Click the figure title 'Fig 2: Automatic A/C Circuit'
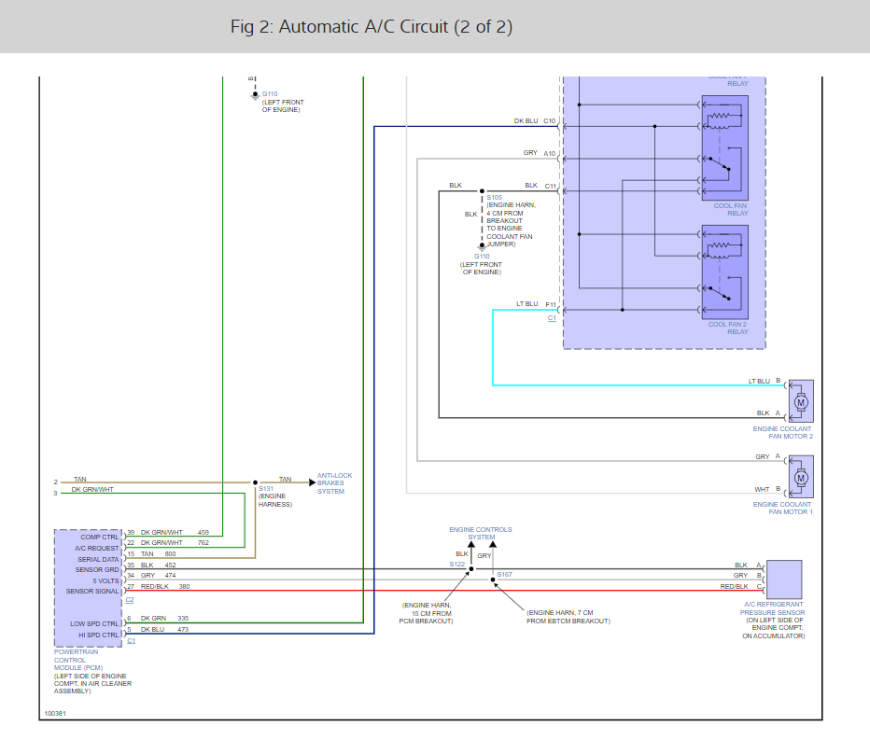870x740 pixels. [372, 27]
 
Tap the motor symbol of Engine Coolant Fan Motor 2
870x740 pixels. [800, 401]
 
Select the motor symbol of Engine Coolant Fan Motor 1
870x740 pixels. [800, 477]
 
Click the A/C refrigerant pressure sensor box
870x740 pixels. [783, 578]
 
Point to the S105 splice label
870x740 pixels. [494, 198]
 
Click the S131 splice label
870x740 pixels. [266, 488]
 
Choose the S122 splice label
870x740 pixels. [456, 565]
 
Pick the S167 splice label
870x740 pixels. [504, 575]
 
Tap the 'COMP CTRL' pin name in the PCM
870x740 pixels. [100, 537]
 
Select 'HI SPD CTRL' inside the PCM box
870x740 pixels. [98, 634]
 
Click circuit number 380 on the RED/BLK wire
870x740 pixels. [184, 587]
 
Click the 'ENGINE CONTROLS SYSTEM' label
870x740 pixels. [480, 533]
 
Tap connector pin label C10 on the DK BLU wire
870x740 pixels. [550, 121]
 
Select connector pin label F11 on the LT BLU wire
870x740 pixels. [550, 304]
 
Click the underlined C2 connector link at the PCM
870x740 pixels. [130, 600]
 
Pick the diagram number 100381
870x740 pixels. [55, 714]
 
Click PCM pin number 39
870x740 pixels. [131, 532]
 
